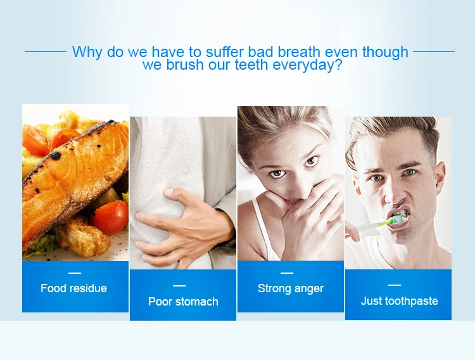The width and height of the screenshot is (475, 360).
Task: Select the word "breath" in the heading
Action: tap(299, 51)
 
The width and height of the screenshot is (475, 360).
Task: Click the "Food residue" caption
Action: tap(74, 288)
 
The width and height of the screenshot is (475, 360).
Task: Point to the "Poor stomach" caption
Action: tap(183, 302)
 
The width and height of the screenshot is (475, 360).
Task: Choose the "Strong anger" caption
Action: tap(291, 288)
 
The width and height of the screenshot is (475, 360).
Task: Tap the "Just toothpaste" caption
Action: tap(400, 301)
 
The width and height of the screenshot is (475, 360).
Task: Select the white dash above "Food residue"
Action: tap(75, 273)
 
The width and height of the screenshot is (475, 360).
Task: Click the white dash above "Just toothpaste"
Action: tap(395, 285)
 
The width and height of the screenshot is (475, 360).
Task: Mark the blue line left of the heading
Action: tap(46, 51)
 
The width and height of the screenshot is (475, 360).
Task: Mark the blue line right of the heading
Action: tap(434, 51)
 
